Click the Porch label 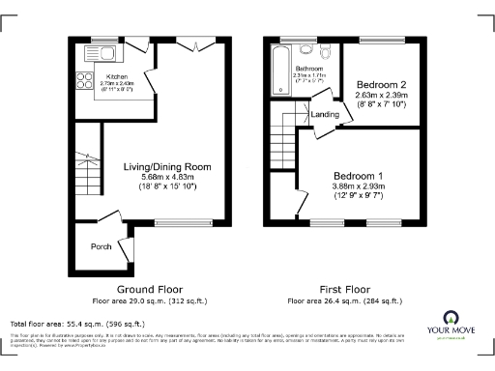[x=101, y=245]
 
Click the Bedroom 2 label [x=380, y=85]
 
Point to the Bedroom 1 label [x=360, y=175]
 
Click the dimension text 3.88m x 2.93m [x=360, y=186]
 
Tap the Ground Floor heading [x=150, y=289]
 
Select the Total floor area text [x=77, y=323]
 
